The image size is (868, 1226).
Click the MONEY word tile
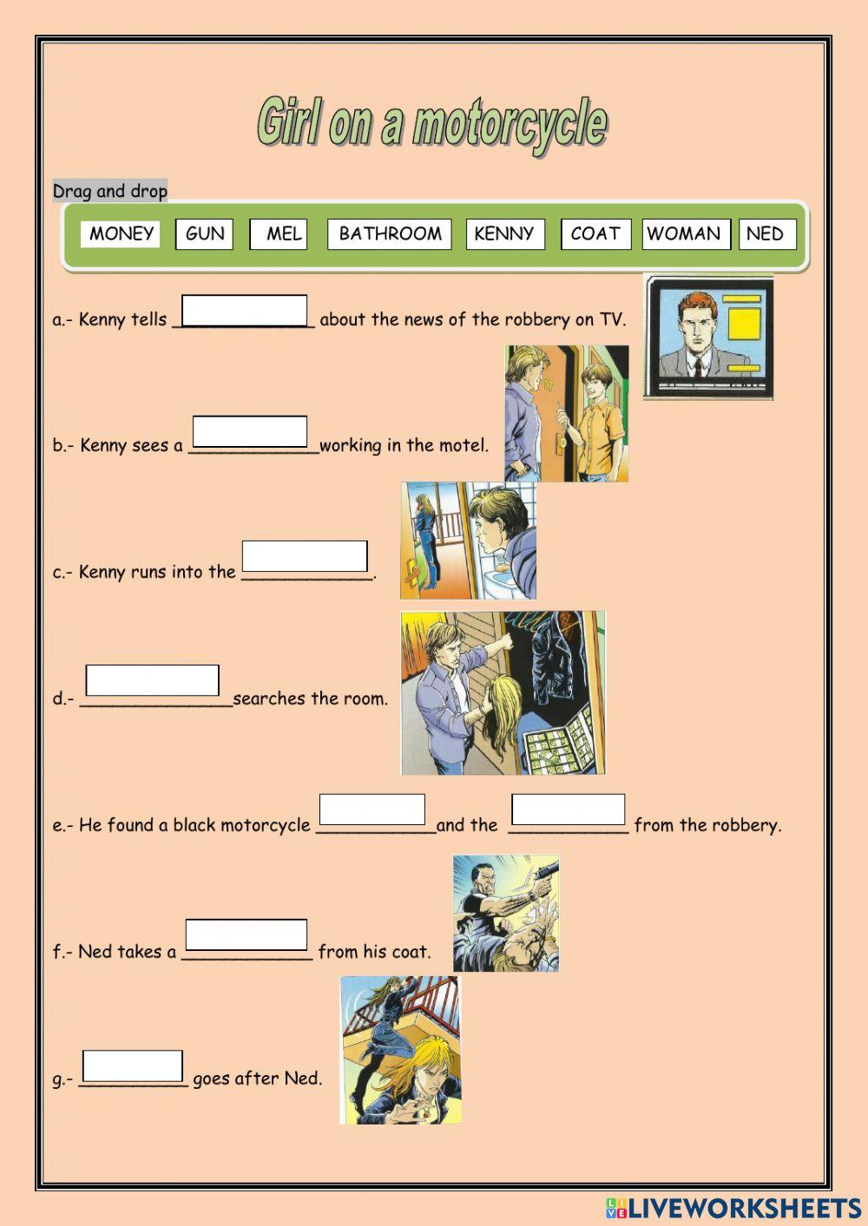coord(121,233)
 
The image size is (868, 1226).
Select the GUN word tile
coord(205,233)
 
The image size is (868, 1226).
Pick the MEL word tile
coord(279,233)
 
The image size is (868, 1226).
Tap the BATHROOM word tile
coord(390,233)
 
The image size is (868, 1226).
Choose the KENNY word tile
coord(505,233)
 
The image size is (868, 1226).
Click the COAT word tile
coord(595,233)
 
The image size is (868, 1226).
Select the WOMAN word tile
coord(686,233)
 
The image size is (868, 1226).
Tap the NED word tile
coord(767,233)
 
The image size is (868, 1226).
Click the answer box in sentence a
coord(245,310)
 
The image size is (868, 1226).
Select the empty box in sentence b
coord(250,431)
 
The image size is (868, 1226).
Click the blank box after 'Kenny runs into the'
coord(305,556)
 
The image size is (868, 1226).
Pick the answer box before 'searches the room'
coord(153,680)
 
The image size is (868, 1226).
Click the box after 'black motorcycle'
coord(372,809)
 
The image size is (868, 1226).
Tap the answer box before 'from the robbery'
coord(569,809)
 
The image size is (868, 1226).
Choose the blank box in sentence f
coord(247,934)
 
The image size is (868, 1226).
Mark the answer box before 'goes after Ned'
coord(133,1065)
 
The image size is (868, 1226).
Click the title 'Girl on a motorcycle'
coord(432,123)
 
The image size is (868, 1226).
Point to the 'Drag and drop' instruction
coord(110,191)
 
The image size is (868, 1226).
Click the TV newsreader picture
coord(708,337)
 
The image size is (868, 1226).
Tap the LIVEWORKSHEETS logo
coord(733,1208)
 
